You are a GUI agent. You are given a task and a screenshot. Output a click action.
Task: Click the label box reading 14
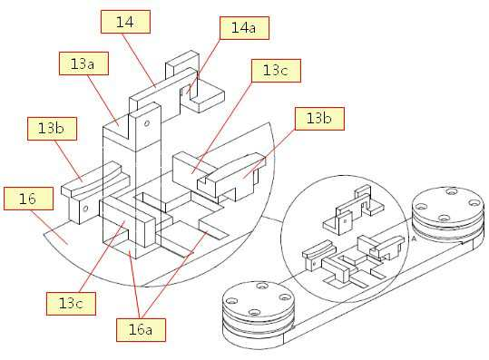pos(125,22)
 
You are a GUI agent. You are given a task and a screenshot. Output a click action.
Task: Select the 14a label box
pos(244,28)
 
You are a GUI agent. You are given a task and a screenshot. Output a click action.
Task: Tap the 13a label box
pos(83,63)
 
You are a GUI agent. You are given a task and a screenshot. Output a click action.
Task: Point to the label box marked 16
pos(28,199)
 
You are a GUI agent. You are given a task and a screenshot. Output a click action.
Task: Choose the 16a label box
pos(141,330)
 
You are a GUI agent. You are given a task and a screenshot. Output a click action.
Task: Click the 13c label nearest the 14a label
pos(276,71)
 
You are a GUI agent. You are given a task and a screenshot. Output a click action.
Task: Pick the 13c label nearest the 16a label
pos(71,304)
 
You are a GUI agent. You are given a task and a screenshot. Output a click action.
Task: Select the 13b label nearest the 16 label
pos(52,129)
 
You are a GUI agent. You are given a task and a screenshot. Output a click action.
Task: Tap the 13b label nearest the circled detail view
pos(319,119)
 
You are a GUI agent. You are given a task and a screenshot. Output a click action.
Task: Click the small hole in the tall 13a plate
pos(147,123)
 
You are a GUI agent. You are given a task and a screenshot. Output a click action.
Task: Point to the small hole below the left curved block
pos(86,208)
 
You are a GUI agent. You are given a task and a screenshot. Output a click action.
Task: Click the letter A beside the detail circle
pos(414,238)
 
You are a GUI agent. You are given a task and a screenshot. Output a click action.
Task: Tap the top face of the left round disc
pos(258,298)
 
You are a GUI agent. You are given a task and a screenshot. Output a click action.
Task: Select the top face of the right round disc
pos(447,204)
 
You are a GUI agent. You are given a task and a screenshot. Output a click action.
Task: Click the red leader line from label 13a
pos(103,101)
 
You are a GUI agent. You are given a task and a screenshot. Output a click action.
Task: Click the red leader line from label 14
pos(139,60)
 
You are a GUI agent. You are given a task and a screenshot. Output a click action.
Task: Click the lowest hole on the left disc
pos(254,312)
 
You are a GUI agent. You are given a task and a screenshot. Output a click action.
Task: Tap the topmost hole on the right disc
pos(451,191)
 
